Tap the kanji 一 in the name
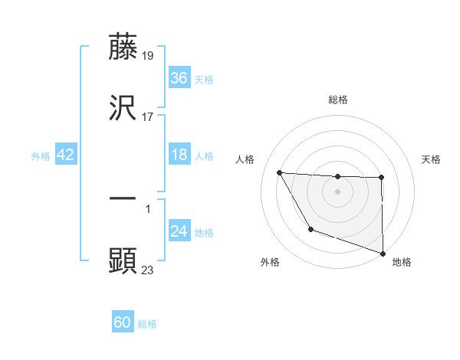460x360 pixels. point(123,198)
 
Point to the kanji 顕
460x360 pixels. point(123,261)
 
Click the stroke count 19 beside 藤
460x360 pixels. point(149,56)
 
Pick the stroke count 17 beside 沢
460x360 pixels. point(148,118)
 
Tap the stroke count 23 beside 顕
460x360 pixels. point(148,270)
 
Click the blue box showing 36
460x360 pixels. point(179,78)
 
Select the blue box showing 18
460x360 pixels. point(179,155)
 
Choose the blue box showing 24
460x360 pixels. point(179,231)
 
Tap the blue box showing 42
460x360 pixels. point(66,155)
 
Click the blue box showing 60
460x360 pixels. point(123,322)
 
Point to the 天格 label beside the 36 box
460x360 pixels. point(203,80)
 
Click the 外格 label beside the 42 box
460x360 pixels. point(41,156)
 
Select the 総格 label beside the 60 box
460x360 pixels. point(147,324)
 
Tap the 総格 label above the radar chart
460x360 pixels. point(337,100)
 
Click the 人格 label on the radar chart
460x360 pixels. point(246,159)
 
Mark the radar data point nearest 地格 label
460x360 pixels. point(382,253)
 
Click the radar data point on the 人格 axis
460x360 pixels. point(279,172)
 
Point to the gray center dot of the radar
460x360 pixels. point(337,191)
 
